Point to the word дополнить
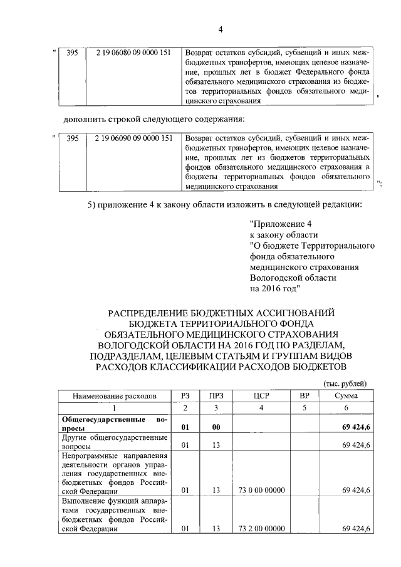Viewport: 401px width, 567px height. pyautogui.click(x=88, y=119)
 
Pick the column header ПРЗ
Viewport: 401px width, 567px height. pyautogui.click(x=216, y=396)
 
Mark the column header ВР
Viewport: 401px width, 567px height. pyautogui.click(x=305, y=396)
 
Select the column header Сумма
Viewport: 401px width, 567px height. pyautogui.click(x=346, y=396)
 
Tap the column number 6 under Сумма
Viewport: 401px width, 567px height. pyautogui.click(x=346, y=408)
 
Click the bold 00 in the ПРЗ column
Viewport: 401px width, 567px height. pyautogui.click(x=216, y=427)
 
